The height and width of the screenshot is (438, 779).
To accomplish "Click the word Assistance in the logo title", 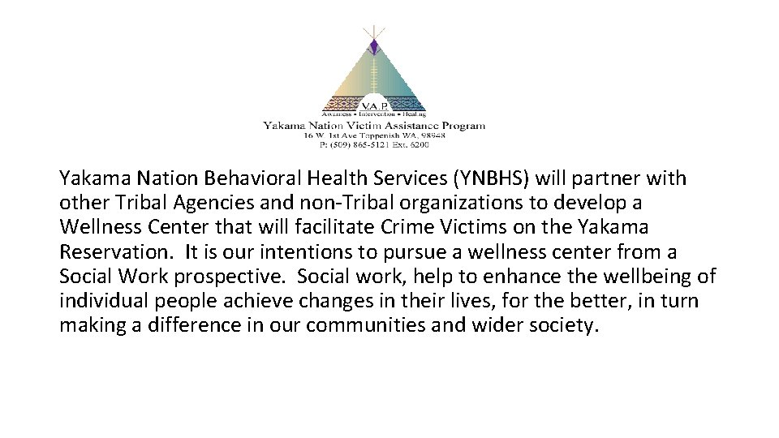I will [410, 126].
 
